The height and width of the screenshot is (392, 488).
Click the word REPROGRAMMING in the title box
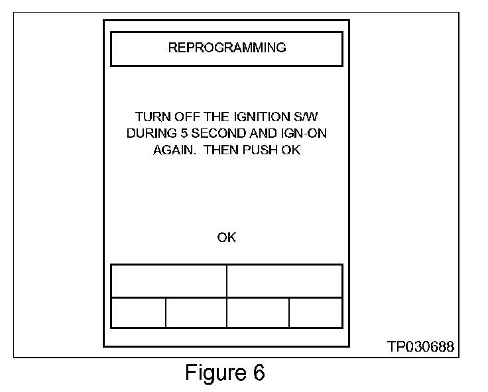click(x=227, y=48)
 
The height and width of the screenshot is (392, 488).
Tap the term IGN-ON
click(x=305, y=134)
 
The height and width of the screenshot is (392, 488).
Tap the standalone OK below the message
click(x=227, y=238)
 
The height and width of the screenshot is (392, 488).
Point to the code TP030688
click(x=422, y=347)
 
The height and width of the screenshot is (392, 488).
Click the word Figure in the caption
click(x=210, y=373)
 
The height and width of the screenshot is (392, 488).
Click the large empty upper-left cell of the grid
click(x=168, y=281)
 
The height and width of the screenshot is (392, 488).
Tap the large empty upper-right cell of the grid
click(x=284, y=281)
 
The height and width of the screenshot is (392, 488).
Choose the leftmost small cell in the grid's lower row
click(x=138, y=313)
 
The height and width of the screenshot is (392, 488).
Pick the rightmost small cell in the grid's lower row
click(x=316, y=313)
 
